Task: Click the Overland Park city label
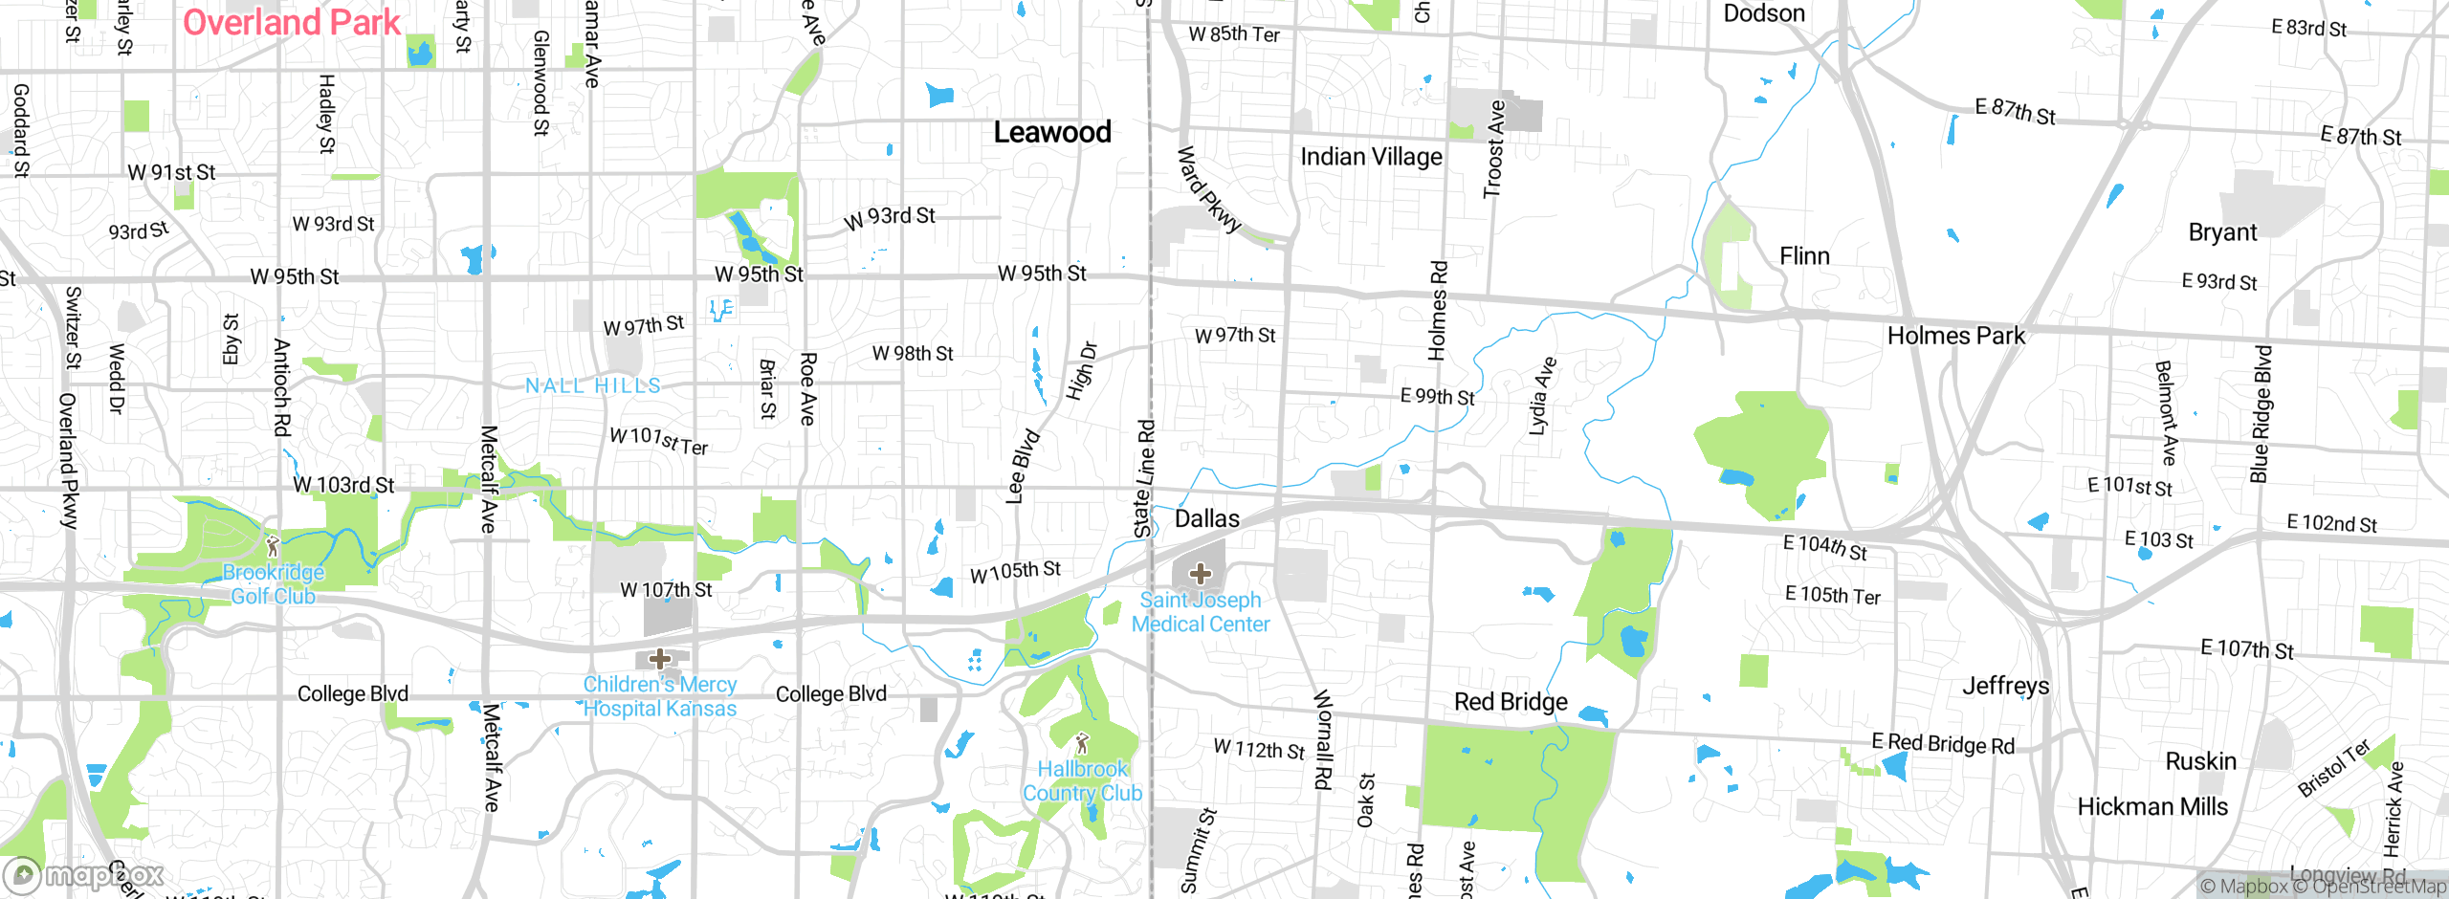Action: point(291,22)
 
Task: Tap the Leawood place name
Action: point(1051,132)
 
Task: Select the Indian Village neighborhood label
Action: point(1371,157)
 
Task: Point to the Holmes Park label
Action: point(1955,336)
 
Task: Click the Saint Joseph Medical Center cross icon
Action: point(1200,574)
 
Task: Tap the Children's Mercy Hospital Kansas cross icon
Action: point(659,659)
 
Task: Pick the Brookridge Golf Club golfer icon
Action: point(273,546)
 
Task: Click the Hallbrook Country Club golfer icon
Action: point(1082,743)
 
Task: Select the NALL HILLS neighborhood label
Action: point(593,385)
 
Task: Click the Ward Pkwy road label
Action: point(1207,189)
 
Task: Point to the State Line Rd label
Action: point(1144,478)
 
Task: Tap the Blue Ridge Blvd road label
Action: point(2261,414)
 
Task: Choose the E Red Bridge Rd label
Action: point(1942,743)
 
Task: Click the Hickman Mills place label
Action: point(2151,807)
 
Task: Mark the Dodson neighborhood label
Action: point(1763,13)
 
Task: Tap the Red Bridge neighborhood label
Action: point(1511,702)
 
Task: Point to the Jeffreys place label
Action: point(2005,686)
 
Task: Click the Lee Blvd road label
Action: point(1023,466)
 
